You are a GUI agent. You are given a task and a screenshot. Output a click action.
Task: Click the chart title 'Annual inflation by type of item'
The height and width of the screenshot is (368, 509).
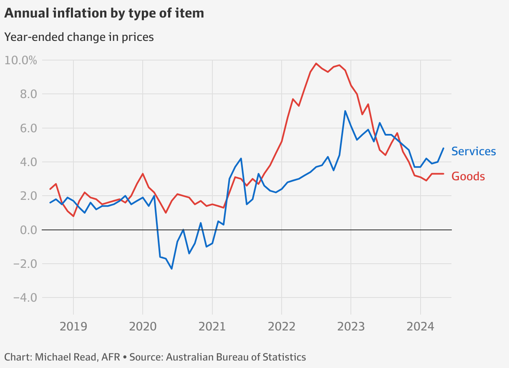(104, 13)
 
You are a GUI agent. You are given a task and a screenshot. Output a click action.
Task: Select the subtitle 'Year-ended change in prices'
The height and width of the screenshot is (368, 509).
(79, 37)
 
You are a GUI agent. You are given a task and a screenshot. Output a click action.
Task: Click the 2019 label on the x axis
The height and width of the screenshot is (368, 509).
(73, 325)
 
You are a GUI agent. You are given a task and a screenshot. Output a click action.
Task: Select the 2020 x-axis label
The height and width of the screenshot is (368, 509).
(143, 325)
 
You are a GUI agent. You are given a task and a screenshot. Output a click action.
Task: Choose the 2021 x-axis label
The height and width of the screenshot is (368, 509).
(212, 325)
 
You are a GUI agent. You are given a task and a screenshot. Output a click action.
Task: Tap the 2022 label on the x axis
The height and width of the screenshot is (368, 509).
(281, 325)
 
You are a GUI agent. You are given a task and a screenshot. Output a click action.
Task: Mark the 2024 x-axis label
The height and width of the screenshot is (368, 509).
(420, 325)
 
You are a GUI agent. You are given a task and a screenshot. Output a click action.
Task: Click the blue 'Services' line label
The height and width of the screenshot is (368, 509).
(474, 151)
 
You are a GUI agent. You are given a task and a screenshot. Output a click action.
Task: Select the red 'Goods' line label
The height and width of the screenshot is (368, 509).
(468, 176)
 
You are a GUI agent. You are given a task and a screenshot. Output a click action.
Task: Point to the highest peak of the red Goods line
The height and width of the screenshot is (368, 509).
(316, 63)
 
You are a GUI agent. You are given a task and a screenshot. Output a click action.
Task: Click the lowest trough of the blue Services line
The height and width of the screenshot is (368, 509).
(171, 269)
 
